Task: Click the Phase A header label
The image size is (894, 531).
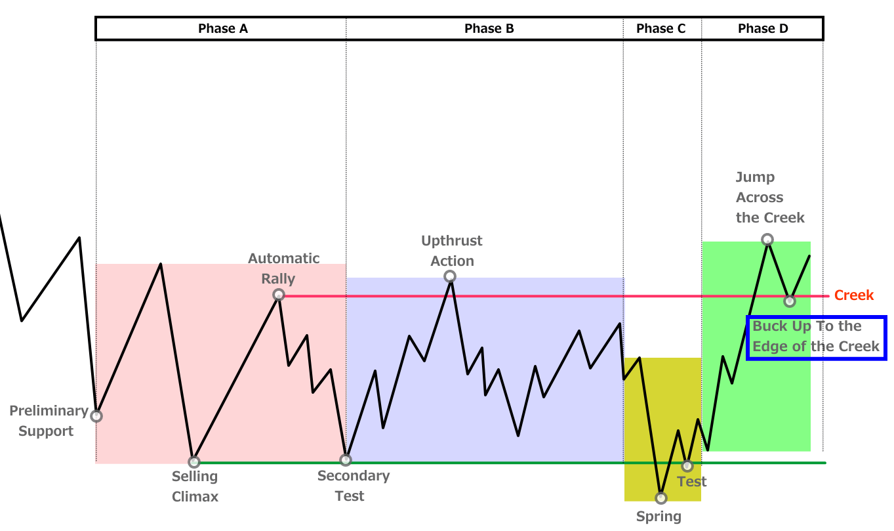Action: point(222,28)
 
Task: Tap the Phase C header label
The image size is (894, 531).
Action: point(660,28)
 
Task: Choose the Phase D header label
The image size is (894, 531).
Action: point(763,28)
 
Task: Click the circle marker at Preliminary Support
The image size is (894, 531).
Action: point(96,415)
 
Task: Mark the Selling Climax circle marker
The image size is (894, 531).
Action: point(193,461)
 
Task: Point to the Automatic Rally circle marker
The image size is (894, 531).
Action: point(279,295)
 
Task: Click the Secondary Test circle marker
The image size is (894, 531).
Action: point(346,459)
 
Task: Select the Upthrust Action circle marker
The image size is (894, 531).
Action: point(450,276)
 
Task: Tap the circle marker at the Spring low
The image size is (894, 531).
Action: point(661,498)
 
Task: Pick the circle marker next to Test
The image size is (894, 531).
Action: point(687,466)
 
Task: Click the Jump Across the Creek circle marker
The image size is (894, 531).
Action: point(767,240)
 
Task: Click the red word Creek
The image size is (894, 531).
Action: point(853,295)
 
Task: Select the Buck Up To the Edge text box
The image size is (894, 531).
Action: point(816,337)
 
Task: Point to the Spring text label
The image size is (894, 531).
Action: point(659,517)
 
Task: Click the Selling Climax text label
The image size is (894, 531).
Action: point(195,486)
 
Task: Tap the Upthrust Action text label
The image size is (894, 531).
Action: point(451,251)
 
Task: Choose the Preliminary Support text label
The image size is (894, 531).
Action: point(48,421)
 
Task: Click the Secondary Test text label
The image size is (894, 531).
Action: point(353,486)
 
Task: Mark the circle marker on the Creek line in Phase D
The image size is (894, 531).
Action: point(790,301)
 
